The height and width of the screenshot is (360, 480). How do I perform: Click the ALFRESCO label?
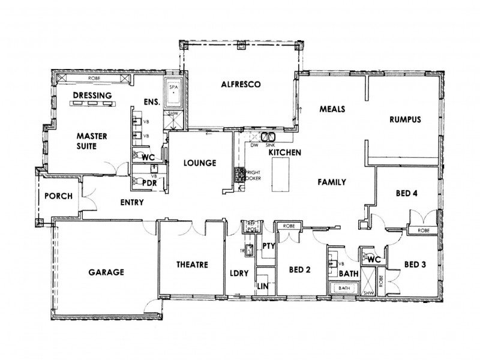240,85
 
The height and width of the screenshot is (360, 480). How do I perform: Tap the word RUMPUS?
406,119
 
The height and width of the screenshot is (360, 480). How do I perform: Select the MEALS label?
331,109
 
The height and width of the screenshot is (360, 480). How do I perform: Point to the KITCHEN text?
284,153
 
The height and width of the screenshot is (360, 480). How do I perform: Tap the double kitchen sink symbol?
268,137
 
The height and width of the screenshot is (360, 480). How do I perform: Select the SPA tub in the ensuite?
174,94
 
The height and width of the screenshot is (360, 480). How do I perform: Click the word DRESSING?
93,95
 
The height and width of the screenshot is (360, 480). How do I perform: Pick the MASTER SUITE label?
92,141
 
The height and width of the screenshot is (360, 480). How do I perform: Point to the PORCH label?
58,196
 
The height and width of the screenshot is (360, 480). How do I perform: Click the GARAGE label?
106,272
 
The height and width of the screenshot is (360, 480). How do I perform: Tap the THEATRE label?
192,265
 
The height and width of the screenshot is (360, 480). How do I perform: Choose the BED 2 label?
298,270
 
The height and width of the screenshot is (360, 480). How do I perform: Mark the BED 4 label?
407,193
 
